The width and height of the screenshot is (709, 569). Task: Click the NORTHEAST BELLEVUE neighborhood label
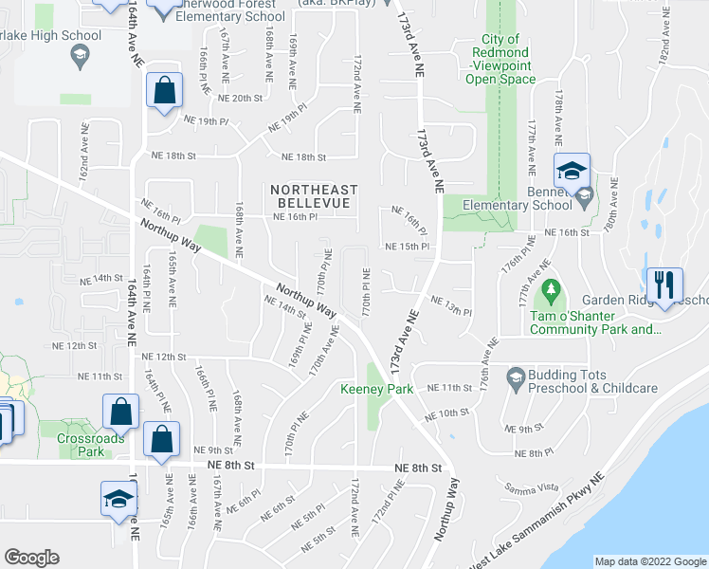tap(311, 196)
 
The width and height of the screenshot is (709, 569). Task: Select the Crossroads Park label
tap(80, 446)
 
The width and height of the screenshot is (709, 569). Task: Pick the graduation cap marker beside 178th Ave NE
tap(572, 172)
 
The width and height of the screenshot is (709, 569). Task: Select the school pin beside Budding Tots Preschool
tap(516, 376)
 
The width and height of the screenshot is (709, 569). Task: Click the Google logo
tap(31, 557)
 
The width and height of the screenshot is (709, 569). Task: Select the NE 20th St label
tap(233, 98)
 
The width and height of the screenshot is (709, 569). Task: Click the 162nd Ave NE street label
tap(84, 151)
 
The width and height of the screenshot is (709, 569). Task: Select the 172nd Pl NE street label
tap(388, 504)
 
